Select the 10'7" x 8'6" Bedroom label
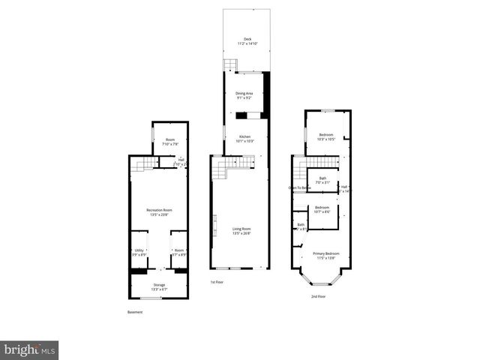322,209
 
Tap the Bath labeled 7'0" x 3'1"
322,180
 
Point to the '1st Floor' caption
217,282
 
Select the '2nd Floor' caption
319,296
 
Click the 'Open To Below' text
300,187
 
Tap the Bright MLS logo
30,349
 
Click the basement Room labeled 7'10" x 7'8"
170,141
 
